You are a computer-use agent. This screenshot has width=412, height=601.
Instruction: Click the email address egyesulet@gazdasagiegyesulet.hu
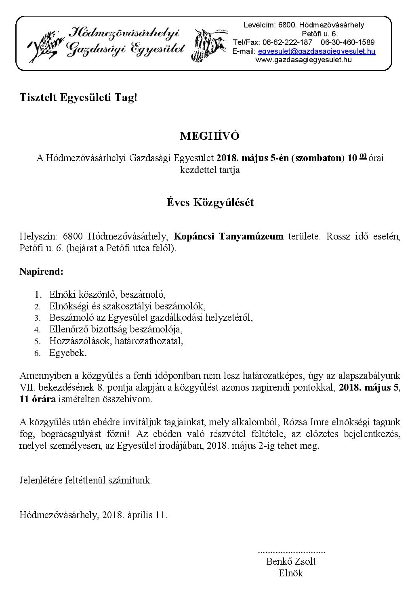(x=316, y=51)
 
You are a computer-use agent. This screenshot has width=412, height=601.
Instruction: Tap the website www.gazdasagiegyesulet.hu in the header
(x=303, y=60)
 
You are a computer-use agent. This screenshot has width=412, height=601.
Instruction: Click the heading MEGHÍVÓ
(x=210, y=136)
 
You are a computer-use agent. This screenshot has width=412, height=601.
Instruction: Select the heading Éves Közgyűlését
(x=210, y=202)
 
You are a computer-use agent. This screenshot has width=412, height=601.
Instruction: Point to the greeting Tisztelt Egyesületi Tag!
(x=78, y=97)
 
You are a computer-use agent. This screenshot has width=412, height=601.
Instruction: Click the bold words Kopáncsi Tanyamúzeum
(x=229, y=236)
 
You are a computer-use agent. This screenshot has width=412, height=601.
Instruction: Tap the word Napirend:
(x=41, y=271)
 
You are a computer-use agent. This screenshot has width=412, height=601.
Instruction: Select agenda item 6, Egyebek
(x=68, y=353)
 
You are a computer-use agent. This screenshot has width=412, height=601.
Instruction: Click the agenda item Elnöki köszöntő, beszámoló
(x=107, y=294)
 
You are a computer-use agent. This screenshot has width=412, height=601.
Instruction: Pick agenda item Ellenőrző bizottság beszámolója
(x=116, y=329)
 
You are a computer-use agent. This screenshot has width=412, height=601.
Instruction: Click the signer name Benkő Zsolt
(x=291, y=561)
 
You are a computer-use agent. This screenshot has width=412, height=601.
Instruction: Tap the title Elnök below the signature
(x=291, y=573)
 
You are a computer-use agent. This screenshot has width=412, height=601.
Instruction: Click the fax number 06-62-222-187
(x=287, y=42)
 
